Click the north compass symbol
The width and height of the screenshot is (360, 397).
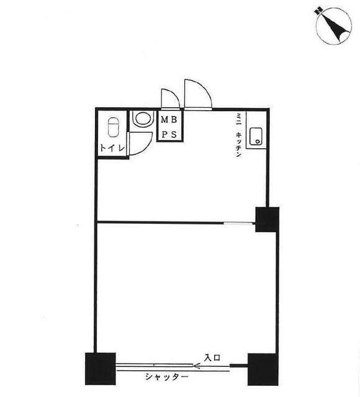click(334, 26)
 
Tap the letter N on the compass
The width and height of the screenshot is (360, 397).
click(318, 11)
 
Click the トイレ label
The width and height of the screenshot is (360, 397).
click(113, 148)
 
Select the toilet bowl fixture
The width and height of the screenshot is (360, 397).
click(113, 127)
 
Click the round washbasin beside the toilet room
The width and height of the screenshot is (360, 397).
click(143, 118)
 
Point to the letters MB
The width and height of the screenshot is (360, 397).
click(169, 120)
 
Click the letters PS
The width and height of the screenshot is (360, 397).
click(169, 135)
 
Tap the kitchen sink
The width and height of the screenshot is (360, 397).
click(256, 136)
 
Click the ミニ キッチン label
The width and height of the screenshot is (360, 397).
click(238, 135)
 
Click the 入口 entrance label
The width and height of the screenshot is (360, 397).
click(212, 358)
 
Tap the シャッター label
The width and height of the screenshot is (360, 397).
click(167, 377)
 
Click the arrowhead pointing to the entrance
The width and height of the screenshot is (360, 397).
click(197, 365)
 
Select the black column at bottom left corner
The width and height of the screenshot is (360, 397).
click(101, 369)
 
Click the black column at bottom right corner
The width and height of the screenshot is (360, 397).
click(263, 370)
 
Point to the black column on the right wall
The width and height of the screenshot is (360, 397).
click(268, 220)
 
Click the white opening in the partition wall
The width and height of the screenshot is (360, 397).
click(240, 223)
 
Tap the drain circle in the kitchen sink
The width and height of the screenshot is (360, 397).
click(258, 141)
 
